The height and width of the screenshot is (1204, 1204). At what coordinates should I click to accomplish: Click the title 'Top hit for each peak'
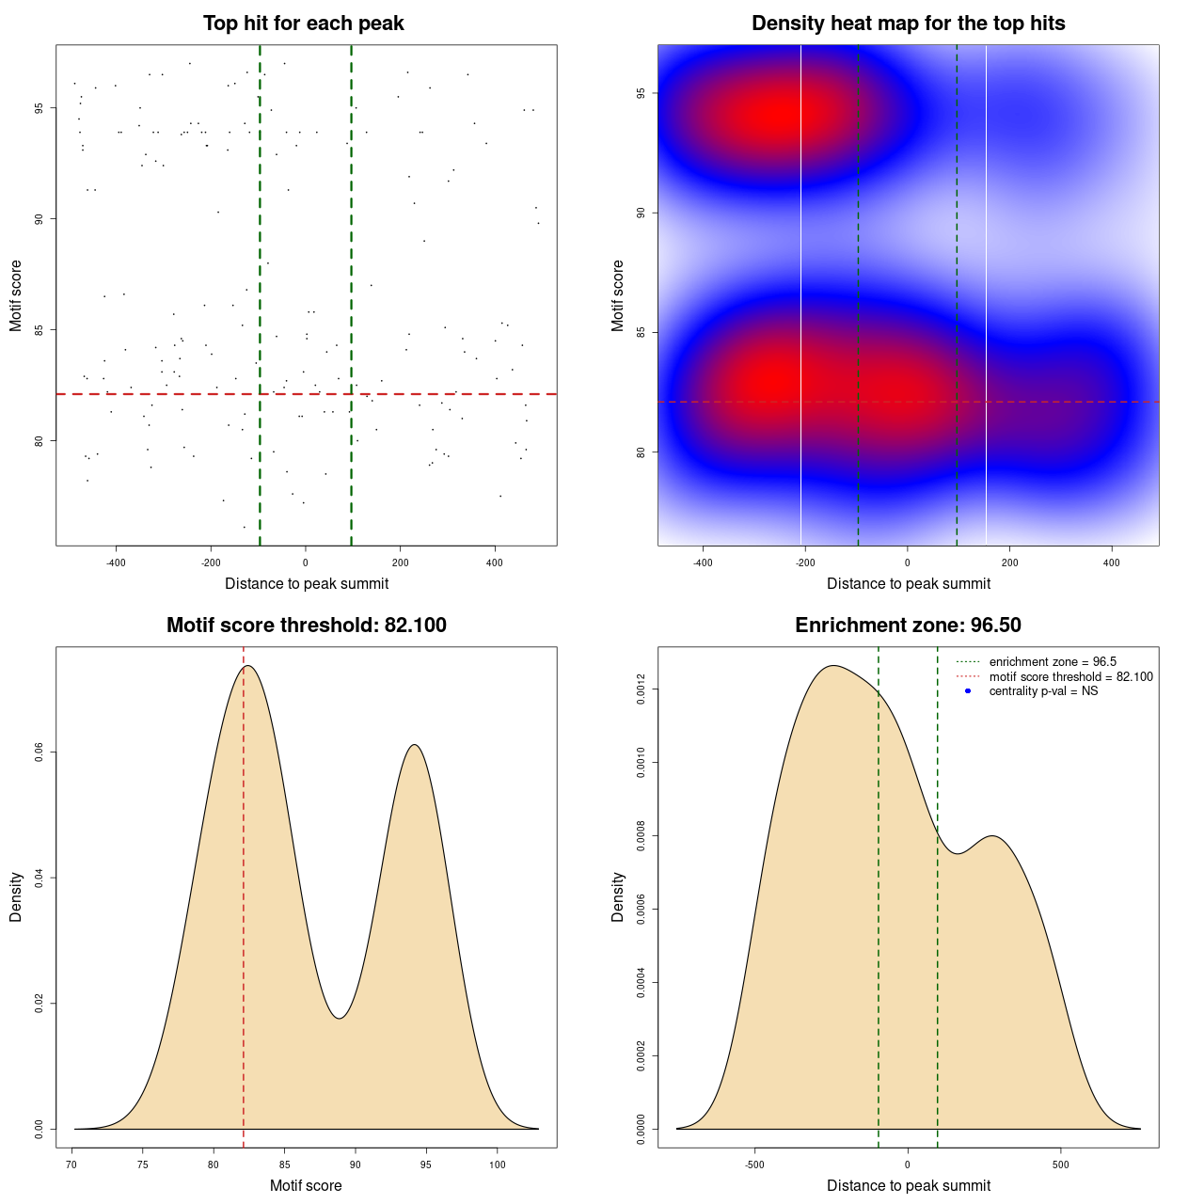click(304, 24)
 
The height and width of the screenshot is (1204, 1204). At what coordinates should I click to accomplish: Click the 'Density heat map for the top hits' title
click(908, 24)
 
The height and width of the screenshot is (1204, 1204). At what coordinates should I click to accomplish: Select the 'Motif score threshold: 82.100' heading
click(306, 626)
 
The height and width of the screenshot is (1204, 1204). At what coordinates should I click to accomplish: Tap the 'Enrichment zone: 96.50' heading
click(908, 626)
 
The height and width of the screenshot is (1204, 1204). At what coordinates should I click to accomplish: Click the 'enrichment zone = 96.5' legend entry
click(1052, 662)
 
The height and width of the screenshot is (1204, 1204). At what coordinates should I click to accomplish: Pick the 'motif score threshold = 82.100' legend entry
click(1070, 677)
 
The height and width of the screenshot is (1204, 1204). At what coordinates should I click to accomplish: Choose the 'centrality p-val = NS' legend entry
click(1043, 691)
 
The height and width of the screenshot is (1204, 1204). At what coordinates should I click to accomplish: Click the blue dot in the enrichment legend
click(968, 691)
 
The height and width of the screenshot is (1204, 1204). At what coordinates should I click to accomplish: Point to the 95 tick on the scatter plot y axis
click(40, 108)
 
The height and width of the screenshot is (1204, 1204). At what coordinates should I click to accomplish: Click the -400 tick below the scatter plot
click(116, 562)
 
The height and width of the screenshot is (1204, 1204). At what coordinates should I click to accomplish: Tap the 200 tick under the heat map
click(1009, 562)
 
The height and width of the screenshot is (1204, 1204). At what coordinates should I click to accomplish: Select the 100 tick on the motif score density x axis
click(498, 1164)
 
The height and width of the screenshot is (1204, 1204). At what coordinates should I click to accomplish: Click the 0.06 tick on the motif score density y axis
click(40, 752)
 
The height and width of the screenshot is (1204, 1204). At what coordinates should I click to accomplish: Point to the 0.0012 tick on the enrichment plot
click(642, 689)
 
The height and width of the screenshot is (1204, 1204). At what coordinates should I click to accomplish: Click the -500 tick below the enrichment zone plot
click(754, 1164)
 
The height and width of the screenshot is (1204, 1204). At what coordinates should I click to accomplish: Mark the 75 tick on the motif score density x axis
click(142, 1164)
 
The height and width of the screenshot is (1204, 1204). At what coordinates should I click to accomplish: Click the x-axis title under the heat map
click(908, 584)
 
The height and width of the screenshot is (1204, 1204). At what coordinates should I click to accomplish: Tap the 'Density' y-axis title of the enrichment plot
click(618, 896)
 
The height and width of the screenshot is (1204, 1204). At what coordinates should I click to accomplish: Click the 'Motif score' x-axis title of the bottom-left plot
click(306, 1186)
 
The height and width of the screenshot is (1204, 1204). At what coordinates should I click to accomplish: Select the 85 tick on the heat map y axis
click(642, 332)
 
